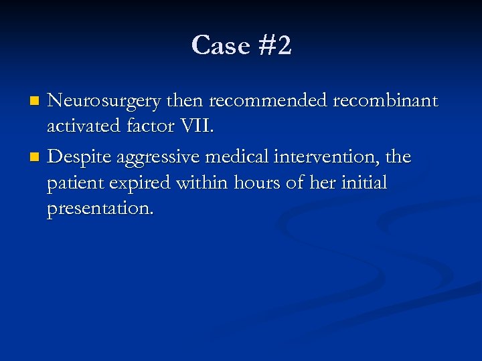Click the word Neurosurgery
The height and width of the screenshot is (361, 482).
(x=104, y=101)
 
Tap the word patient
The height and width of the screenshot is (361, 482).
(x=74, y=183)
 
